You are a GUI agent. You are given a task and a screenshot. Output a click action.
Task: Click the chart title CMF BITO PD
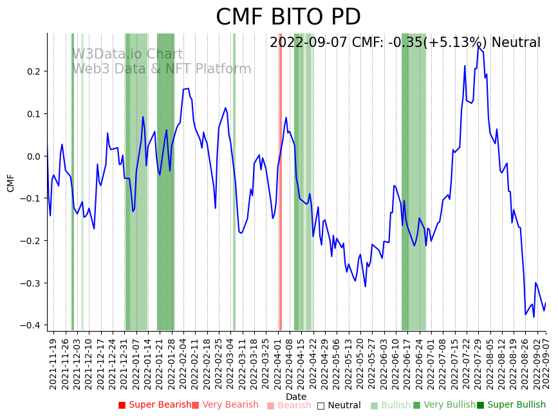pos(288,17)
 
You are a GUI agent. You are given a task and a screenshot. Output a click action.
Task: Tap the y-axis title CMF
pos(11,182)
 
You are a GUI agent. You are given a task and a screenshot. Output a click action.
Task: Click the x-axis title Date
pos(296,397)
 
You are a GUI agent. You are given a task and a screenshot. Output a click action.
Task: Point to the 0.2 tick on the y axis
pos(33,71)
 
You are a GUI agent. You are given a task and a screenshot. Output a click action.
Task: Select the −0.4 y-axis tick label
pos(31,325)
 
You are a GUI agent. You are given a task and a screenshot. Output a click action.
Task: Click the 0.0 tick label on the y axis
pos(33,156)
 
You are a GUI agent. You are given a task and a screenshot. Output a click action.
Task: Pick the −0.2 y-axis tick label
pos(31,241)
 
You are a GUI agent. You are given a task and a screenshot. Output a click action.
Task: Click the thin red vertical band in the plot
pos(280,193)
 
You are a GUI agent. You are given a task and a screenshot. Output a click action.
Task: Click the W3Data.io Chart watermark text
pos(127,55)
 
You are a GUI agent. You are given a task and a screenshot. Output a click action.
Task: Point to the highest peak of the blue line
pos(478,47)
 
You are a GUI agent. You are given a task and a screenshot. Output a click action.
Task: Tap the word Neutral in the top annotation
pos(516,43)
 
